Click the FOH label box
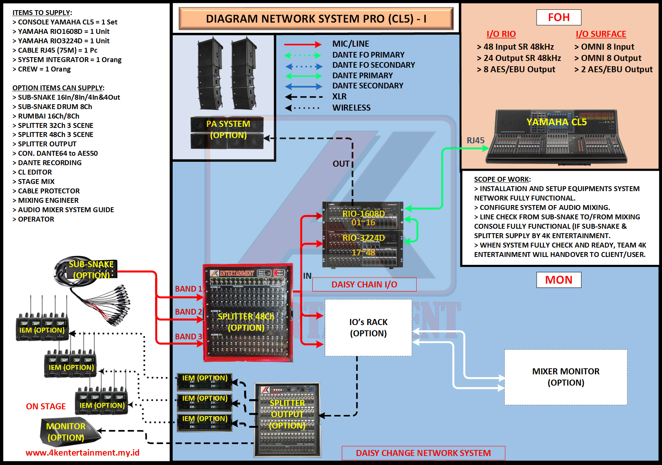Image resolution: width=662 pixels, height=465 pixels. click(x=559, y=17)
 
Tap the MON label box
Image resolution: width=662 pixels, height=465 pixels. click(x=559, y=280)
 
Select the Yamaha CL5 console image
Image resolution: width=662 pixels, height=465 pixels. click(x=556, y=138)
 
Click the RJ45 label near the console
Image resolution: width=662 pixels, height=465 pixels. click(x=475, y=140)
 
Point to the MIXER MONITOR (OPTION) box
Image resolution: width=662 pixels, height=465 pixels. click(x=565, y=377)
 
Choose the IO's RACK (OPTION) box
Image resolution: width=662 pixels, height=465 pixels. click(x=368, y=327)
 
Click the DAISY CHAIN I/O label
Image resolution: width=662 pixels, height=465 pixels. click(x=364, y=284)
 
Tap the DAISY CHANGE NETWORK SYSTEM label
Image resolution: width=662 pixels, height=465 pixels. click(x=423, y=453)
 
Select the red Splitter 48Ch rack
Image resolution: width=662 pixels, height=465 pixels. click(x=248, y=313)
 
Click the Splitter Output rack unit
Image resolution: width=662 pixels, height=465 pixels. click(x=288, y=420)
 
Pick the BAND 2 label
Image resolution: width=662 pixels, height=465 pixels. click(x=188, y=312)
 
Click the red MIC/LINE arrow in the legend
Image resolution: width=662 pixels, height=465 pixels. click(x=303, y=44)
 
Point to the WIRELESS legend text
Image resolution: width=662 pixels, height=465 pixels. click(x=351, y=108)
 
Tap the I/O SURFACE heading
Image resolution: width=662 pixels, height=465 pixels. click(x=601, y=34)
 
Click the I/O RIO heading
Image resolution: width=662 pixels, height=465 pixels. click(x=501, y=34)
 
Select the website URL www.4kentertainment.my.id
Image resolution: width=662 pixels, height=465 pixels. click(x=82, y=453)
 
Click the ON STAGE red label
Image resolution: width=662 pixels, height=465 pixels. click(x=46, y=406)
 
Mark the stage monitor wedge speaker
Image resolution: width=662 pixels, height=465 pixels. click(x=68, y=432)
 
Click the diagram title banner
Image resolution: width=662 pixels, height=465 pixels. click(x=316, y=18)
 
